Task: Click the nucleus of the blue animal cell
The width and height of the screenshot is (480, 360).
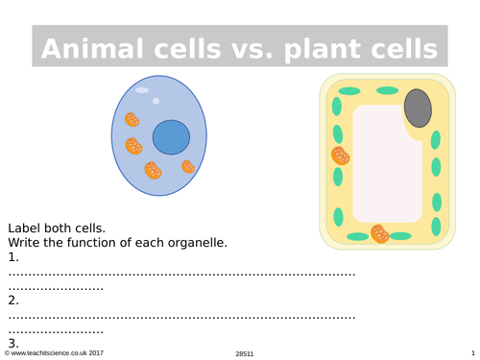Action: [x=171, y=137]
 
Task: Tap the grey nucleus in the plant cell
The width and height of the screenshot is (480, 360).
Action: [x=418, y=108]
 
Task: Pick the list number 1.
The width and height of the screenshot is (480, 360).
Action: [x=13, y=257]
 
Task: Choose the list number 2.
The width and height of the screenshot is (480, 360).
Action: [x=13, y=300]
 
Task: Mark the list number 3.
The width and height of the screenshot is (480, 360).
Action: [x=13, y=343]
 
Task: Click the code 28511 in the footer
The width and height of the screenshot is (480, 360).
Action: [x=245, y=354]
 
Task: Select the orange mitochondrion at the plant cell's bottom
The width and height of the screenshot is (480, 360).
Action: [x=380, y=233]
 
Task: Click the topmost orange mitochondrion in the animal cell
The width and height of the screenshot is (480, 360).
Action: [x=132, y=120]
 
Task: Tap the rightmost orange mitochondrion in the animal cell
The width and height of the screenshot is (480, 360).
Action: [x=188, y=167]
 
